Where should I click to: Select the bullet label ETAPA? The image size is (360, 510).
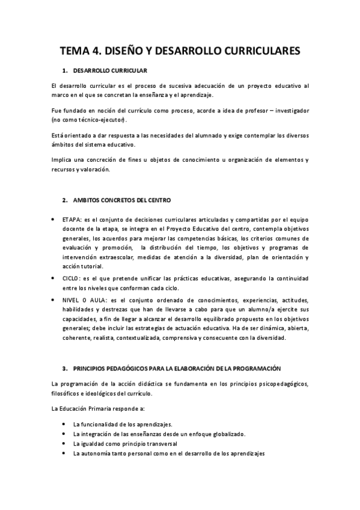click(72, 220)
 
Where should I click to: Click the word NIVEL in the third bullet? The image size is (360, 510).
click(72, 299)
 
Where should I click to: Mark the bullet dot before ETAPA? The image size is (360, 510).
click(55, 220)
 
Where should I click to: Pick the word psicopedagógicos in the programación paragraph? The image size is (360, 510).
click(278, 383)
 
